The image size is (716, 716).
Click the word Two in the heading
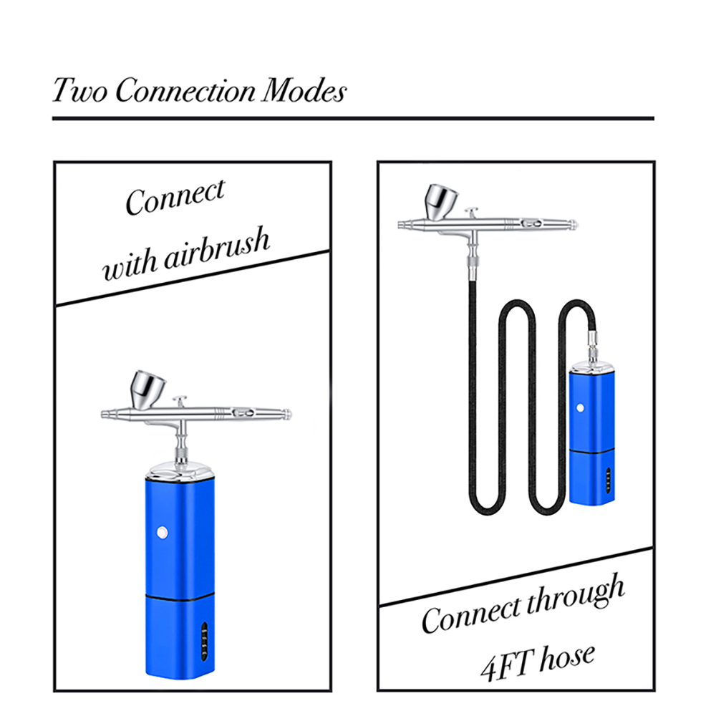point(79,92)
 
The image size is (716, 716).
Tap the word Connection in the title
point(184,92)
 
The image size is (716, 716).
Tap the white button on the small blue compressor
point(580,408)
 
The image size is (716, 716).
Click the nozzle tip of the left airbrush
point(105,414)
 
